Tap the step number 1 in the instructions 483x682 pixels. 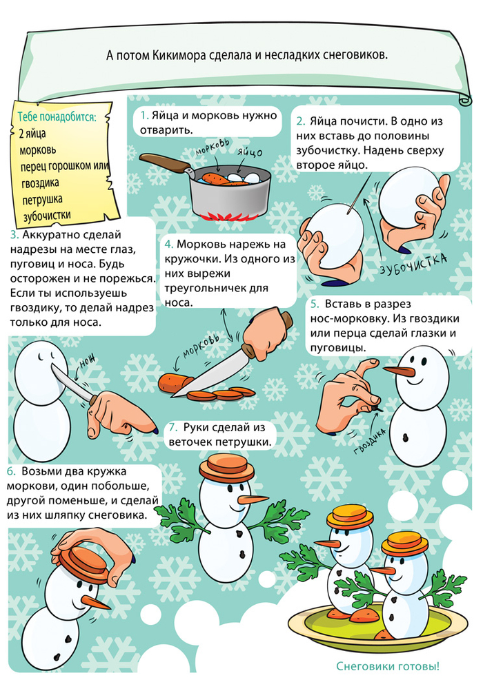pyautogui.click(x=143, y=116)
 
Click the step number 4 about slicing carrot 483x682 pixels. pyautogui.click(x=169, y=245)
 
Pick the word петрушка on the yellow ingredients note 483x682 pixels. pyautogui.click(x=40, y=199)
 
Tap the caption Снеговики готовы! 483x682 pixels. pyautogui.click(x=388, y=666)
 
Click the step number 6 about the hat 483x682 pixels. pyautogui.click(x=11, y=473)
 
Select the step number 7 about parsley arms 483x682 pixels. pyautogui.click(x=173, y=428)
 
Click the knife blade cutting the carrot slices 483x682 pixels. pyautogui.click(x=207, y=375)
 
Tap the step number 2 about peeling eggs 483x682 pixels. pyautogui.click(x=300, y=120)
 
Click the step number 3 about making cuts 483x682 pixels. pyautogui.click(x=14, y=235)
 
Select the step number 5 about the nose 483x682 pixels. pyautogui.click(x=314, y=304)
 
